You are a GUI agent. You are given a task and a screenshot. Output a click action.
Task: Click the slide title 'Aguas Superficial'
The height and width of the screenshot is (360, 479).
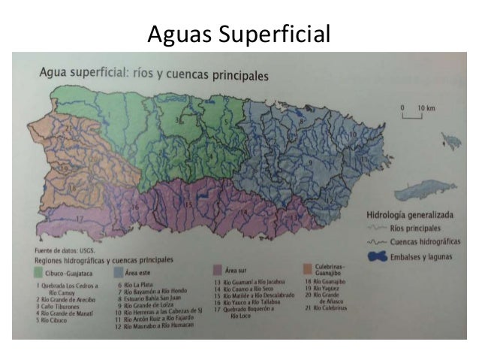click(239, 34)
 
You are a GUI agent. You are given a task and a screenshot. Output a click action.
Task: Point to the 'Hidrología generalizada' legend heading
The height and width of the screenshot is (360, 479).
click(406, 213)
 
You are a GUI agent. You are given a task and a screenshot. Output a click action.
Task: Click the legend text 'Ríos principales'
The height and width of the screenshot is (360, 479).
click(414, 226)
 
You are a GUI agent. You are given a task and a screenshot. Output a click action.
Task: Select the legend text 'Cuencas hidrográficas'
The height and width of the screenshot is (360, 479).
click(423, 241)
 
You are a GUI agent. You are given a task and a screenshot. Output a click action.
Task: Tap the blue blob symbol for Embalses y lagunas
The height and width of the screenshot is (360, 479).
click(382, 256)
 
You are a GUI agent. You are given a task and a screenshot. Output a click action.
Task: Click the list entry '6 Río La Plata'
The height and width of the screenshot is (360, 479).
click(138, 286)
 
